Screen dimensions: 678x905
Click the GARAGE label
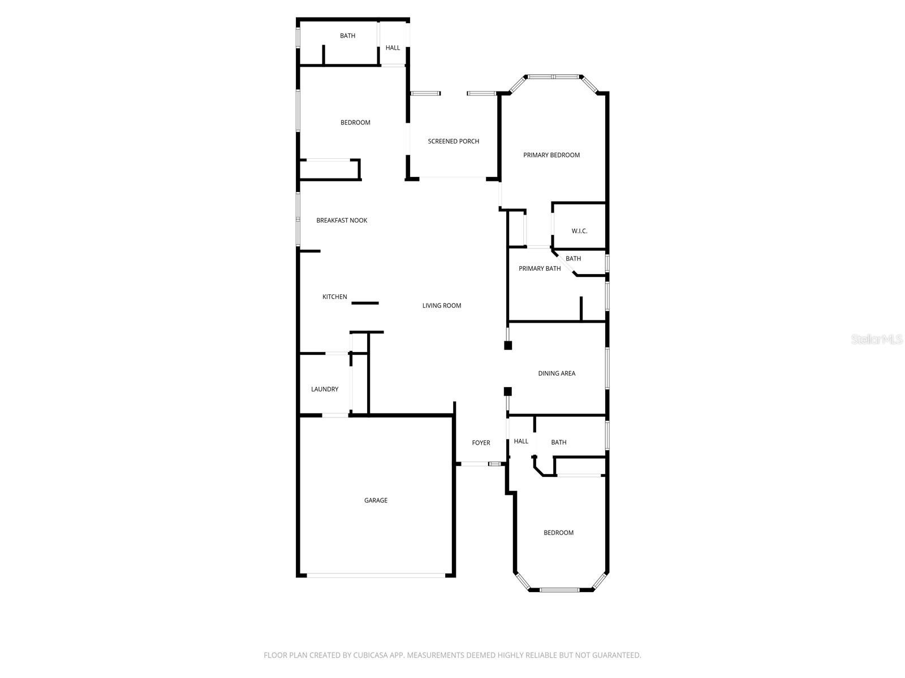click(376, 500)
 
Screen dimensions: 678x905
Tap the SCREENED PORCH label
click(453, 141)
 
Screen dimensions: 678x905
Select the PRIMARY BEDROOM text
click(551, 155)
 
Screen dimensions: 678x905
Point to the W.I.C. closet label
click(579, 231)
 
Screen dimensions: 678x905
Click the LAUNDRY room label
click(325, 389)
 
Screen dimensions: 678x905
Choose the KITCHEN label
click(335, 297)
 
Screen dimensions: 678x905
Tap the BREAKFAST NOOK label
click(342, 220)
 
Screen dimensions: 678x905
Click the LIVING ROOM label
click(442, 306)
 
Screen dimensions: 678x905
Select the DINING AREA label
click(557, 373)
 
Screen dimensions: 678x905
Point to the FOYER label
click(481, 443)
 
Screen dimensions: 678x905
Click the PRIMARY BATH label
click(540, 268)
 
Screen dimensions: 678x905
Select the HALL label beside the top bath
click(393, 48)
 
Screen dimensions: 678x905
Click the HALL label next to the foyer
click(521, 441)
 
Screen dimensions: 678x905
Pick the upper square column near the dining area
click(508, 345)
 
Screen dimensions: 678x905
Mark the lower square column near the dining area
click(508, 391)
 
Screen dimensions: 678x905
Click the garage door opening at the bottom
click(376, 576)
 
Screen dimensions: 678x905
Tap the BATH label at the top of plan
click(347, 36)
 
